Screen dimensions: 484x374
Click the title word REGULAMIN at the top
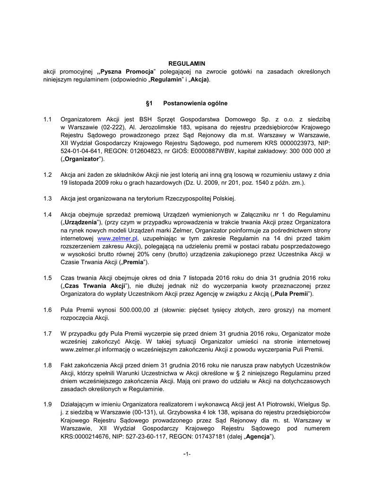[187, 63]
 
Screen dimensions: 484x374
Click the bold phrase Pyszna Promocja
[126, 71]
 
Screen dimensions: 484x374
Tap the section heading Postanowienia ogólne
[195, 103]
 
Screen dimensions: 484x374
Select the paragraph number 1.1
[47, 120]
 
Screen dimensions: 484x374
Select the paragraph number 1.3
[47, 198]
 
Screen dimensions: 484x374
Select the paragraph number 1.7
[47, 334]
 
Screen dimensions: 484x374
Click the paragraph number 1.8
[47, 366]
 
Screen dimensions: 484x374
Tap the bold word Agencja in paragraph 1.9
[257, 437]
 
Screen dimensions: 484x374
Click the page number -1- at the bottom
[187, 454]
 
